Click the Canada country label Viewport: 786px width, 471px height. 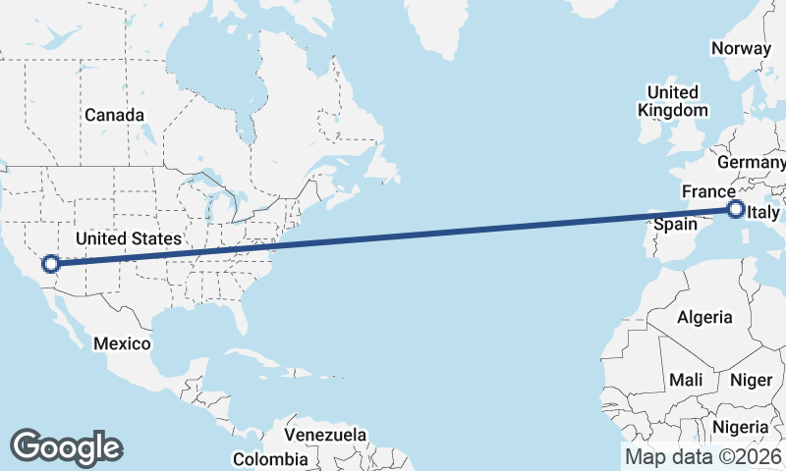[x=114, y=115]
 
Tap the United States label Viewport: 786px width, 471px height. [x=129, y=238]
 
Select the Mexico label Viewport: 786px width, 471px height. [x=122, y=343]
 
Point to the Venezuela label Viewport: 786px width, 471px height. [x=325, y=434]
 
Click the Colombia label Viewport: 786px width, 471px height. [x=270, y=458]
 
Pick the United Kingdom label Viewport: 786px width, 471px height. [x=672, y=101]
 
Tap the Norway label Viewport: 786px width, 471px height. [x=741, y=48]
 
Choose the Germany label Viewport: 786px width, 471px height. [x=752, y=162]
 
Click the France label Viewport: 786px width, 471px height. [x=707, y=191]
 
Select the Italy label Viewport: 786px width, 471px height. [x=763, y=212]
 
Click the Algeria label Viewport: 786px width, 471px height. [x=704, y=317]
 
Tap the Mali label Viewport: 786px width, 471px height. [x=685, y=379]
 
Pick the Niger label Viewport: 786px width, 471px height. [x=752, y=379]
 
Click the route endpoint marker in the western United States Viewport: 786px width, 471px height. [x=51, y=263]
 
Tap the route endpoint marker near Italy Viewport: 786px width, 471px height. [x=735, y=208]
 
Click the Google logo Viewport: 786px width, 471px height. [x=66, y=447]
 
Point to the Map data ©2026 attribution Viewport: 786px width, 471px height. [x=703, y=457]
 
